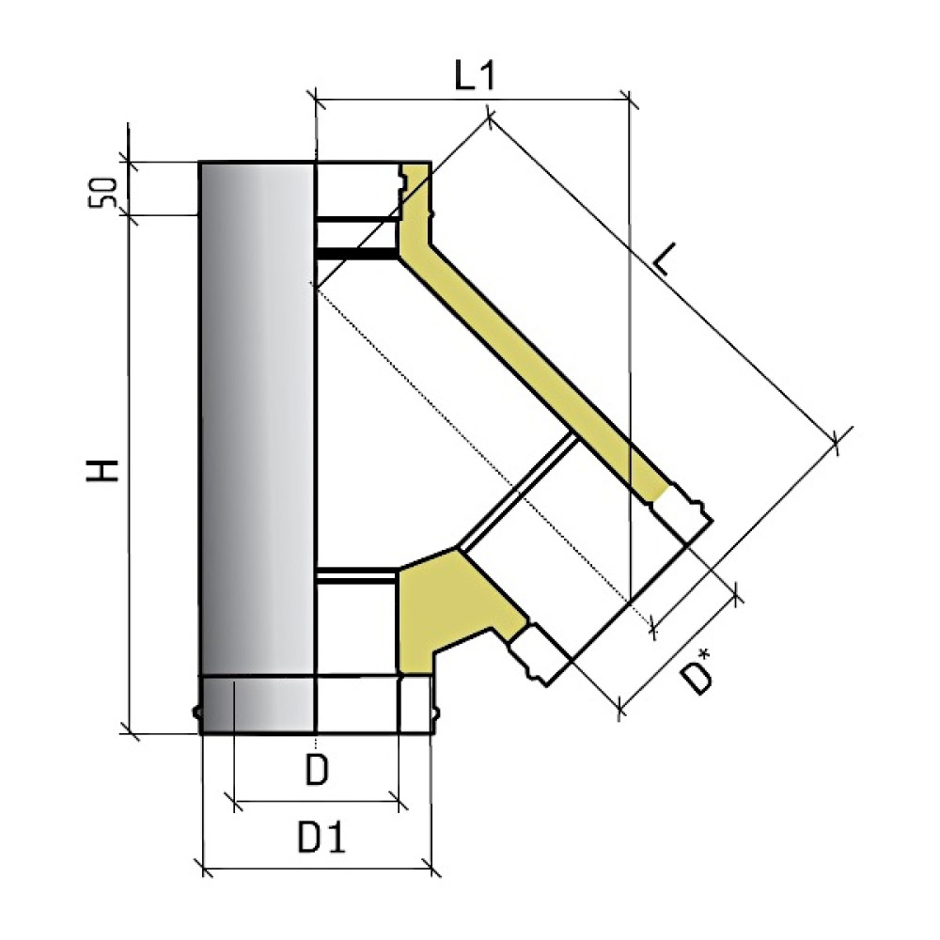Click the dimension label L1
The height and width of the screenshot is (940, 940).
click(474, 78)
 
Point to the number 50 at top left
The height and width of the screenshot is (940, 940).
click(104, 191)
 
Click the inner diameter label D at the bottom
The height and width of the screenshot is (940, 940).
click(317, 772)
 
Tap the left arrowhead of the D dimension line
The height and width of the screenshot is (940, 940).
click(233, 802)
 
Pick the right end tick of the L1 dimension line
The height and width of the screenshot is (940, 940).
click(629, 97)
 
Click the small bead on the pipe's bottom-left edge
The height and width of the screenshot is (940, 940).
click(196, 714)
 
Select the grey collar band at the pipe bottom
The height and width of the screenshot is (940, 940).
click(258, 705)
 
